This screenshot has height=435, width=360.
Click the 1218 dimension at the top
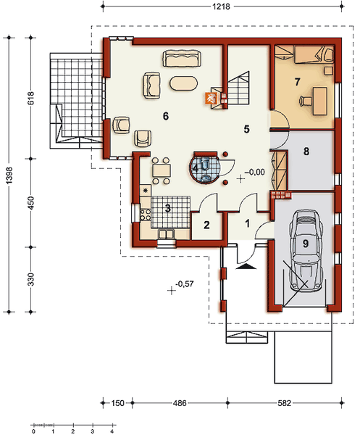pos(221,6)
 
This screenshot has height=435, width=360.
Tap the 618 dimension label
pos(30,98)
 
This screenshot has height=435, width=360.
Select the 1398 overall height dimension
pos(9,175)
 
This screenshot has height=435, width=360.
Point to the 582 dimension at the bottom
pos(285,403)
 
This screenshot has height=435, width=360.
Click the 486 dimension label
pos(180,403)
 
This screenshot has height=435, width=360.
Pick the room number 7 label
pos(298,82)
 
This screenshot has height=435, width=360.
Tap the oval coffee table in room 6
pos(184,83)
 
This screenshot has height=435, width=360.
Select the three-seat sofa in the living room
pos(182,58)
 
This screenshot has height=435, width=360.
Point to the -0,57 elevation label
pos(185,283)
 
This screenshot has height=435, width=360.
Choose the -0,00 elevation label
pos(255,172)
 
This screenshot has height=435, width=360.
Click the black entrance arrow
pos(246,267)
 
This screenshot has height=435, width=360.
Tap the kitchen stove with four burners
pos(146,215)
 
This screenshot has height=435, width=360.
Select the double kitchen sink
pos(166,234)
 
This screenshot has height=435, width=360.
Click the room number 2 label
pos(206,225)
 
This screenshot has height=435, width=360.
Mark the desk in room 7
pos(320,101)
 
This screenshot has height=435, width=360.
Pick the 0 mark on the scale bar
pos(33,431)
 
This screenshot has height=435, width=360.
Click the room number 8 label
pos(306,152)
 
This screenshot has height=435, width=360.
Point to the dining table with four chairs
pos(161,170)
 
